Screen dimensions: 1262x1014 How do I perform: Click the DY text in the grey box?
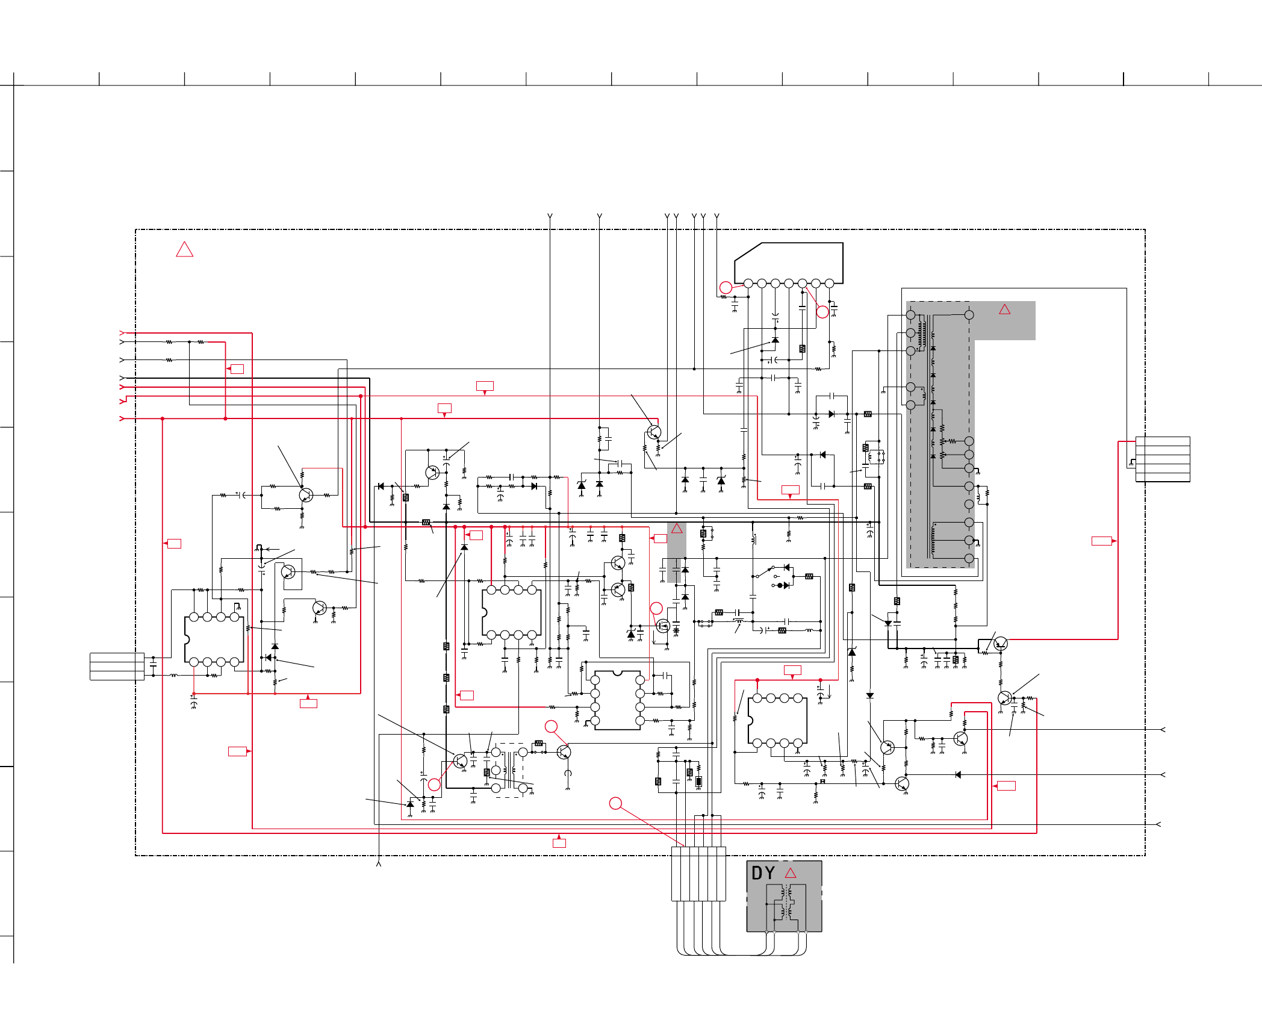click(x=763, y=873)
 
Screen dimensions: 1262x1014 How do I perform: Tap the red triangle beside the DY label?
click(x=791, y=873)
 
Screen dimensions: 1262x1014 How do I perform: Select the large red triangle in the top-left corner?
click(x=184, y=249)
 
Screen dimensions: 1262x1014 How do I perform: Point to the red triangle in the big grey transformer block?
click(x=1004, y=309)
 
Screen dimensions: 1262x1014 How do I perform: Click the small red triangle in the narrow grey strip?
click(x=677, y=529)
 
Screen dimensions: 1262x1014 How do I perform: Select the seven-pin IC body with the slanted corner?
click(x=789, y=262)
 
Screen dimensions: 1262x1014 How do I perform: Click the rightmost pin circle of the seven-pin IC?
click(x=829, y=284)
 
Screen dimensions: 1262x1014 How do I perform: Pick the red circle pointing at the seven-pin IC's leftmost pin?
click(x=726, y=288)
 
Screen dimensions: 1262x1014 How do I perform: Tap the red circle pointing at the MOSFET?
click(x=656, y=608)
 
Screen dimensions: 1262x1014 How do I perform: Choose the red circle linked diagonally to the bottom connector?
click(x=615, y=803)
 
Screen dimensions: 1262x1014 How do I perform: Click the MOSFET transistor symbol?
click(x=663, y=626)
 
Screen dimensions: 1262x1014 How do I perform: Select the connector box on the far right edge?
click(x=1163, y=459)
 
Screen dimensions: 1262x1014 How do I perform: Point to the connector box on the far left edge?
click(x=117, y=667)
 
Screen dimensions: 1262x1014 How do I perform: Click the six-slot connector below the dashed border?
click(x=698, y=874)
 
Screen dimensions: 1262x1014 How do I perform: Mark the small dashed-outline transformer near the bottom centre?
click(x=509, y=770)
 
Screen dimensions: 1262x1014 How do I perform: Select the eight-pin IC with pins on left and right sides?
click(x=617, y=700)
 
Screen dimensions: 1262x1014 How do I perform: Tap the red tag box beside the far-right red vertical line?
click(x=1101, y=541)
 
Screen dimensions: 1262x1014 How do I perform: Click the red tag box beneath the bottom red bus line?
click(x=559, y=843)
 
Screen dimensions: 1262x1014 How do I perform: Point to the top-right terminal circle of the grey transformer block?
click(x=969, y=315)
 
